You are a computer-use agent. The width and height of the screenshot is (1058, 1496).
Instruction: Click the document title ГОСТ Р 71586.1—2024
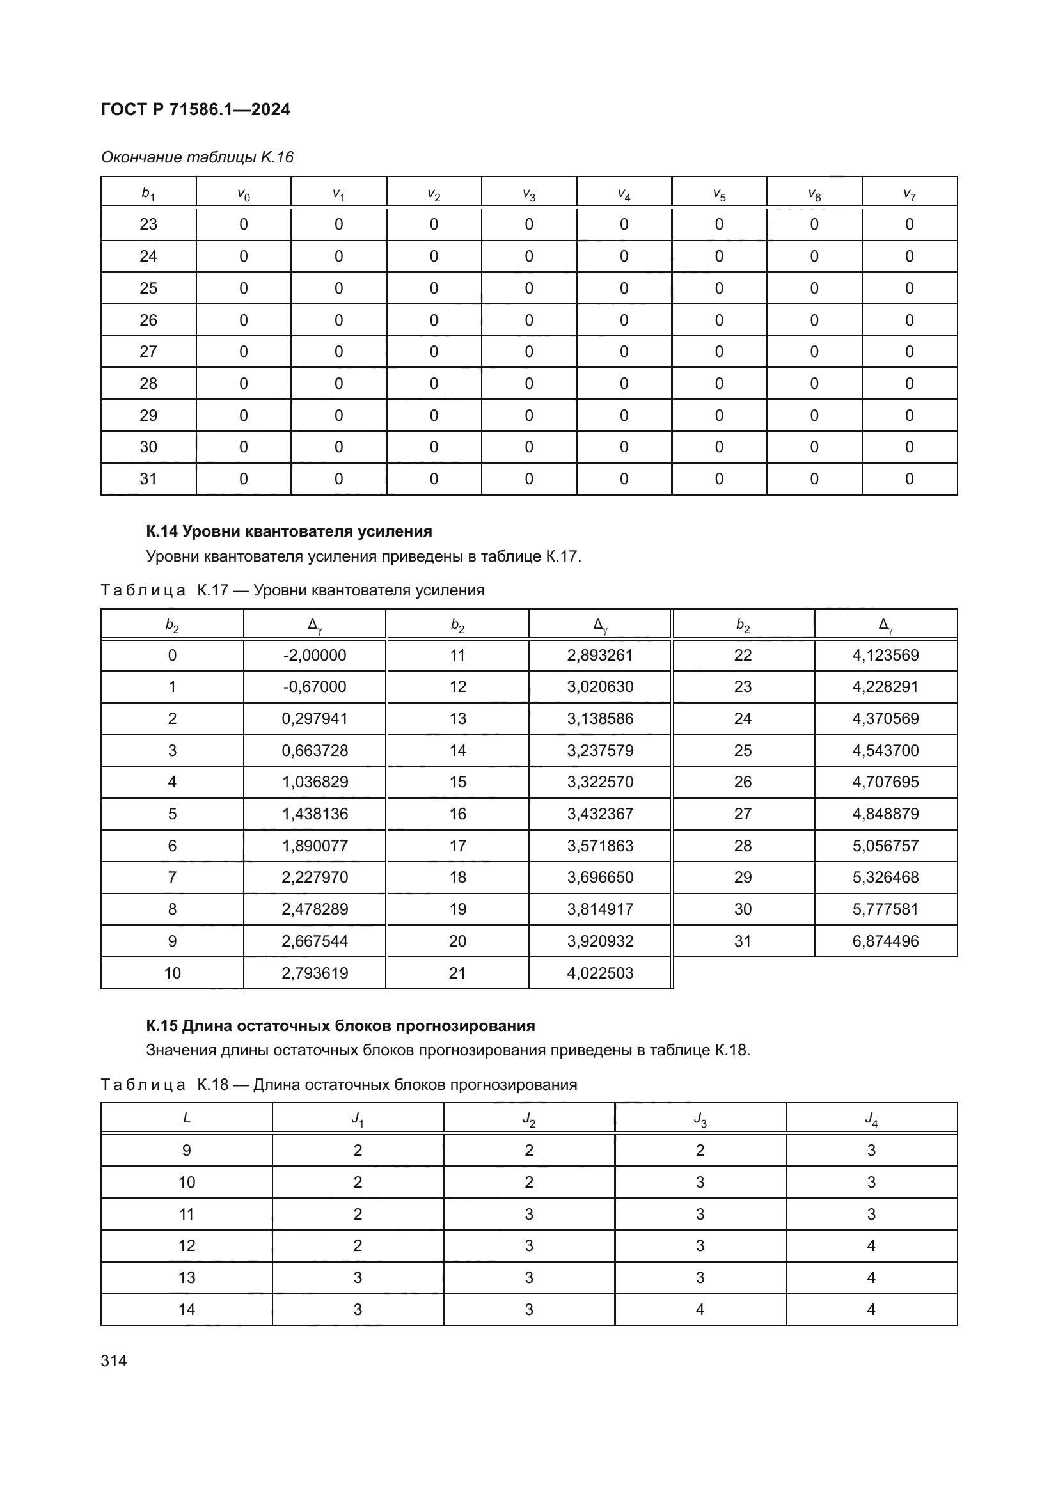[196, 109]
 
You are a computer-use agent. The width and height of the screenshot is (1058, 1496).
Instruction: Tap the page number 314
[114, 1360]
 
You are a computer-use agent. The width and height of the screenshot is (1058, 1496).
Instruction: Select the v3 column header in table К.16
[528, 194]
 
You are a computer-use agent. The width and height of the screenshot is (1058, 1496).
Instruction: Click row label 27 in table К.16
[148, 352]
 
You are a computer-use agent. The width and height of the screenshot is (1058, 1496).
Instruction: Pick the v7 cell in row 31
[909, 479]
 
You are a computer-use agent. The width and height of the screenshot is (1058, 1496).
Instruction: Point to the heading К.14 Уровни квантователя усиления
[288, 531]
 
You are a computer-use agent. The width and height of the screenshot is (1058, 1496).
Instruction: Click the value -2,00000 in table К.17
[315, 656]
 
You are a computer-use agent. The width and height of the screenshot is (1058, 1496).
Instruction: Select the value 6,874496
[885, 941]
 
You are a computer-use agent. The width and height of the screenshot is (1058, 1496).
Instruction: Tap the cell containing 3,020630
[600, 687]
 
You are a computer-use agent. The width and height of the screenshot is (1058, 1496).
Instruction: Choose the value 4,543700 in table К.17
[885, 751]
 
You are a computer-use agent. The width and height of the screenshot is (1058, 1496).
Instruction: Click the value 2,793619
[315, 973]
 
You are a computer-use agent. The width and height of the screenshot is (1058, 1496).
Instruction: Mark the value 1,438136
[315, 814]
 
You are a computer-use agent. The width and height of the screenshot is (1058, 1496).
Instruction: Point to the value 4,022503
[600, 973]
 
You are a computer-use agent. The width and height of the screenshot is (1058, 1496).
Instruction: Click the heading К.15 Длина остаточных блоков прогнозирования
[340, 1026]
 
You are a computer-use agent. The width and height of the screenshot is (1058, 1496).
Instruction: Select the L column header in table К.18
[186, 1118]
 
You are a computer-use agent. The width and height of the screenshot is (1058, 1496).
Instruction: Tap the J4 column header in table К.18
[871, 1119]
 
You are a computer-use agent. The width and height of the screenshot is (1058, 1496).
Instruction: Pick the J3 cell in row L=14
[700, 1310]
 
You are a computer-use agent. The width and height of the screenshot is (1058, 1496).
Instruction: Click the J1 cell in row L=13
[358, 1278]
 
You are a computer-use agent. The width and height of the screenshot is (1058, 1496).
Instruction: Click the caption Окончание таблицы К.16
[198, 157]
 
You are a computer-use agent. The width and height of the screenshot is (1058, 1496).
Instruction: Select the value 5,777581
[885, 909]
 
